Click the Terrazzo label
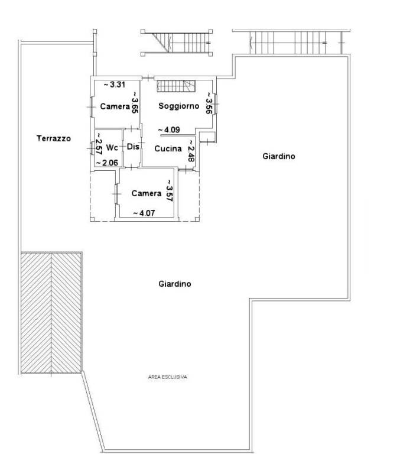point(54,138)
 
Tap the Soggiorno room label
point(179,106)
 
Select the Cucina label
point(168,148)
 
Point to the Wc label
point(112,147)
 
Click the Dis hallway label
point(133,147)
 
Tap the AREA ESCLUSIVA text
point(168,377)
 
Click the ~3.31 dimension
point(114,85)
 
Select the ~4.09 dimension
point(170,129)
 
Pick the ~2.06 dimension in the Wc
point(107,163)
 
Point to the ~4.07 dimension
point(144,213)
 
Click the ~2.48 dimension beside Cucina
point(191,151)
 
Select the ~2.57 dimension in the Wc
point(99,144)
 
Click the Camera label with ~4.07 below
point(147,193)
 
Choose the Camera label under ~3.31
point(115,106)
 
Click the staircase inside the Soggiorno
point(176,86)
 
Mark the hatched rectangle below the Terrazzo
point(51,313)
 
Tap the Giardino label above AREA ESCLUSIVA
point(175,284)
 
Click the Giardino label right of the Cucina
point(279,156)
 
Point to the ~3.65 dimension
point(135,102)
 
